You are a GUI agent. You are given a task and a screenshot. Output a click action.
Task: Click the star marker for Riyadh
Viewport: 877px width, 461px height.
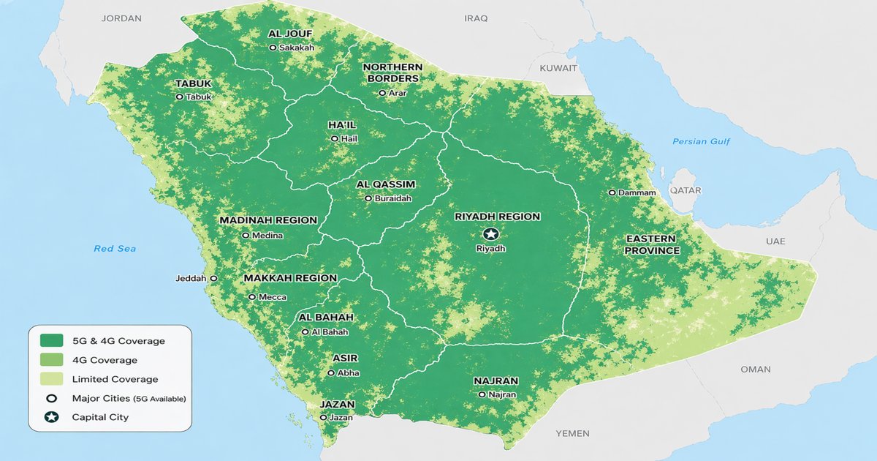490,234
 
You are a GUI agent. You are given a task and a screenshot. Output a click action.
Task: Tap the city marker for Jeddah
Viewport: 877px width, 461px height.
213,279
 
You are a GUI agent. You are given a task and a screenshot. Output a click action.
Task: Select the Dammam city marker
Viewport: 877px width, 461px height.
612,192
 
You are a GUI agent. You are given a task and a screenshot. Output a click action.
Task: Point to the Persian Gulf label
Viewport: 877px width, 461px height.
701,141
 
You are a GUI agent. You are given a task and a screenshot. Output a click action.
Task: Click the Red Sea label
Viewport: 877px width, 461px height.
115,249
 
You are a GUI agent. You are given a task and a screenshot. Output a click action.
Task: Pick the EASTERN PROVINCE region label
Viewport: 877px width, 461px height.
652,245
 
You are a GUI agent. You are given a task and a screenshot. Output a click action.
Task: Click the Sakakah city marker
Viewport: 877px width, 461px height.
273,48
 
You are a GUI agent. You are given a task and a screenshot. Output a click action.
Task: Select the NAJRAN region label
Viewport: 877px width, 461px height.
496,381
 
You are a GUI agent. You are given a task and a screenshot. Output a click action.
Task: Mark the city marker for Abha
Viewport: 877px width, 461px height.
331,373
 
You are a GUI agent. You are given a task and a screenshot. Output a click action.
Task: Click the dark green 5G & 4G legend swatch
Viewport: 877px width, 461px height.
52,341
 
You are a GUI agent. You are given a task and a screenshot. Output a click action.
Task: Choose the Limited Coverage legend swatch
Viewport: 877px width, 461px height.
52,379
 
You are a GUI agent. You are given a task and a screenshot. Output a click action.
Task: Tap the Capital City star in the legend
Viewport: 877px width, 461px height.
52,417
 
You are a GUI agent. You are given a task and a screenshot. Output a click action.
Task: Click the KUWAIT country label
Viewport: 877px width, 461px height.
558,68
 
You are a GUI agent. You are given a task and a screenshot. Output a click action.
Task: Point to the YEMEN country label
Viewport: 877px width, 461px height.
572,434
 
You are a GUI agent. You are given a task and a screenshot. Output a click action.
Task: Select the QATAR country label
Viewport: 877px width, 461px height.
685,190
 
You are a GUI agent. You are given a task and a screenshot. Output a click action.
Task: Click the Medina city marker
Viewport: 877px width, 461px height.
246,236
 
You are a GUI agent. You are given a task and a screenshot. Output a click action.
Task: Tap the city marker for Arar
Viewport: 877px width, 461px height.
382,93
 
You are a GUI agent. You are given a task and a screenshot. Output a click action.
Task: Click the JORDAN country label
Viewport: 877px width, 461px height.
121,18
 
